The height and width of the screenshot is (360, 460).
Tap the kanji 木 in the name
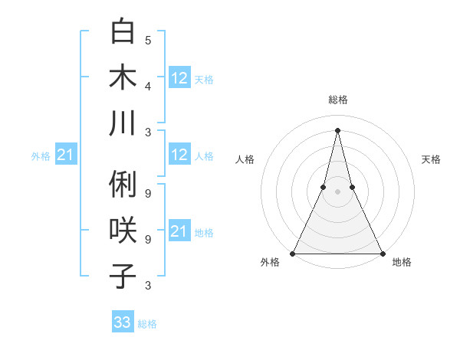123,78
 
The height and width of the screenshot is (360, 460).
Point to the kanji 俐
123,185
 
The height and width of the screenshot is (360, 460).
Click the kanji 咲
123,231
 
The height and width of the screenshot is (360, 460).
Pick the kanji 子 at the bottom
123,275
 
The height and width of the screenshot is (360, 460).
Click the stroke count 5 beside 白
148,40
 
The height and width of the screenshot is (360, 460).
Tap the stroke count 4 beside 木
148,85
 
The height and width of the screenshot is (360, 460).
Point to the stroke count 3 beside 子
148,286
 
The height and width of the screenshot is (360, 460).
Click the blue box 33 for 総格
123,322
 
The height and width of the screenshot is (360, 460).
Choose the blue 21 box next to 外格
66,155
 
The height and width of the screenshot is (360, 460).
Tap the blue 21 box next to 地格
179,231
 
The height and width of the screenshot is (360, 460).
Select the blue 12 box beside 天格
179,77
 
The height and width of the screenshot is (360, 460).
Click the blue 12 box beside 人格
179,155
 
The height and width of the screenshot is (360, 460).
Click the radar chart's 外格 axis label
270,263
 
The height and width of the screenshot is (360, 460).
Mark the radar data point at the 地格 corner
382,253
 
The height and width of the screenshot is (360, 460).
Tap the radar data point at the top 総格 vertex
337,129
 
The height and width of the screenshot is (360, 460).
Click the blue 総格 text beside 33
147,324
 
